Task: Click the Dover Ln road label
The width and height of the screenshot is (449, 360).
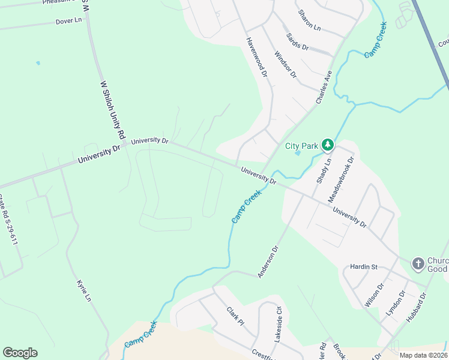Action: point(68,21)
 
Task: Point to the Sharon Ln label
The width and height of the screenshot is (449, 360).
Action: point(309,20)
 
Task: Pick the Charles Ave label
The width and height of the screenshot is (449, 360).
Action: point(324,86)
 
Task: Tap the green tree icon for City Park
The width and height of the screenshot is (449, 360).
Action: point(327,145)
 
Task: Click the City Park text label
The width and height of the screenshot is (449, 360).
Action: point(301,145)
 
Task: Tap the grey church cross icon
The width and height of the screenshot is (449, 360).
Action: point(418,264)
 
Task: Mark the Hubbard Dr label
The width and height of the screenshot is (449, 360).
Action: point(415,308)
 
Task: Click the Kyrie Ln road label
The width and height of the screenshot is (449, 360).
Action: point(83,290)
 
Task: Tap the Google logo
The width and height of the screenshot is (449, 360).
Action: point(20,353)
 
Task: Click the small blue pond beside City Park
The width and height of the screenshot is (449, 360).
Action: point(298,153)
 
